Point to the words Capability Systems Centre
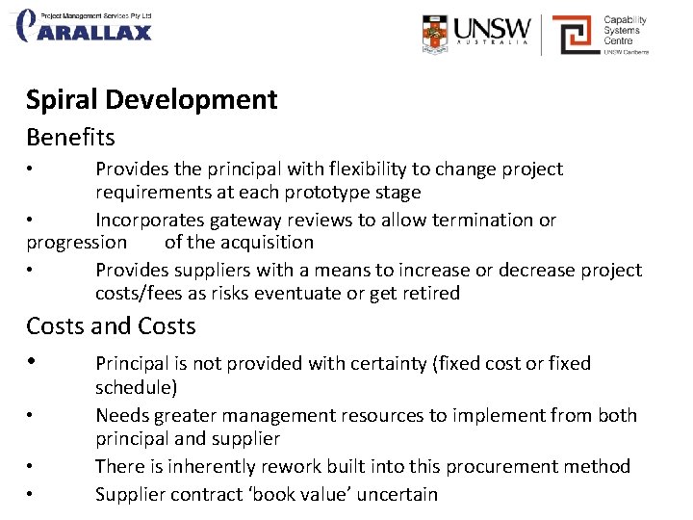pos(625,30)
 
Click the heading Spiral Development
pos(152,100)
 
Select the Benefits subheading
pos(70,138)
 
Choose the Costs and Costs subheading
pos(111,326)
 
